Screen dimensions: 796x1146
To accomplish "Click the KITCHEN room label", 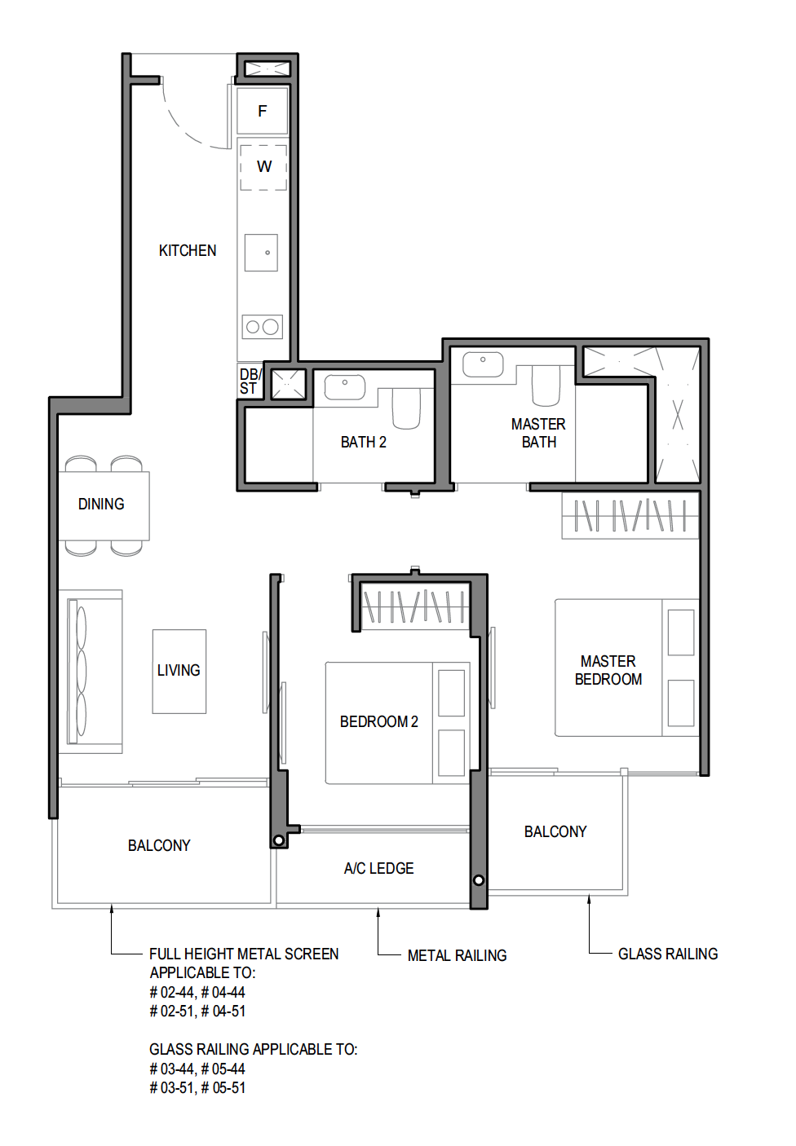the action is pos(188,251).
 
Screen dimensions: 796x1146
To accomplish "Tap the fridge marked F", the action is pos(262,111).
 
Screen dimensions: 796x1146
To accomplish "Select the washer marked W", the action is pos(263,167).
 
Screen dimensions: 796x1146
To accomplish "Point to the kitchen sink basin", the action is pos(261,253).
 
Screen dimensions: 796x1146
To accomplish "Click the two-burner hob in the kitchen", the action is pos(262,326).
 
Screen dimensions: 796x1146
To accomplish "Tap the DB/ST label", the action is pos(250,381).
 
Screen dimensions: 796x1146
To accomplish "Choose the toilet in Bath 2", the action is pos(406,408).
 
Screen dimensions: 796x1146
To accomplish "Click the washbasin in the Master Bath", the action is pos(483,364).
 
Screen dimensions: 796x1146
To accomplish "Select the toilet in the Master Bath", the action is pos(546,386).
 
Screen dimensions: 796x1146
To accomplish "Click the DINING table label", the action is pos(101,505).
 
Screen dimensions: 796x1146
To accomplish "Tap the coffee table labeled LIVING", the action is pos(179,672).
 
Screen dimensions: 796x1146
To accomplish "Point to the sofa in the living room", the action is pos(90,672).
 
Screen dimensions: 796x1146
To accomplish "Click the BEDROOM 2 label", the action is pos(378,722).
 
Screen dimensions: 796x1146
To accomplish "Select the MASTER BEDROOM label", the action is pos(608,670).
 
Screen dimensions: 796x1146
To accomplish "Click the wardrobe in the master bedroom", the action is pos(630,515).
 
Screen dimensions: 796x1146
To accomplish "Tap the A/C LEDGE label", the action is pos(378,868).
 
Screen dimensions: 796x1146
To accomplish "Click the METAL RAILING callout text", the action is pos(457,955).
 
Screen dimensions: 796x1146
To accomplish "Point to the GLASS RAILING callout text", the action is pos(668,954).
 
